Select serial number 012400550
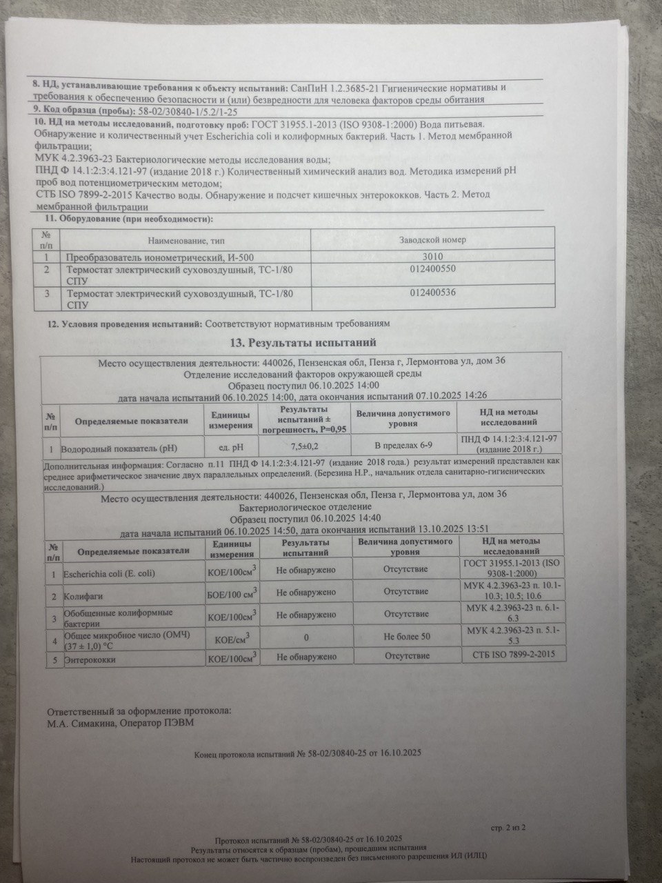pos(432,269)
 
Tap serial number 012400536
pos(432,292)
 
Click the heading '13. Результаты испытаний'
pos(303,342)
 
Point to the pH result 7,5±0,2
pos(300,447)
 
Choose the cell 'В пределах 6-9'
pos(403,447)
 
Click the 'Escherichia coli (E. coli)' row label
pos(109,573)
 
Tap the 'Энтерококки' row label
pos(89,660)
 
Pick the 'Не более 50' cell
pos(407,636)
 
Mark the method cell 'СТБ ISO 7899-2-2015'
pos(514,653)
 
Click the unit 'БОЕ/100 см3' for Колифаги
pos(232,593)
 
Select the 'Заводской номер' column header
pos(432,239)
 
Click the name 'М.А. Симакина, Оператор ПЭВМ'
pos(121,723)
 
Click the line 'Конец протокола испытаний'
pos(308,754)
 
